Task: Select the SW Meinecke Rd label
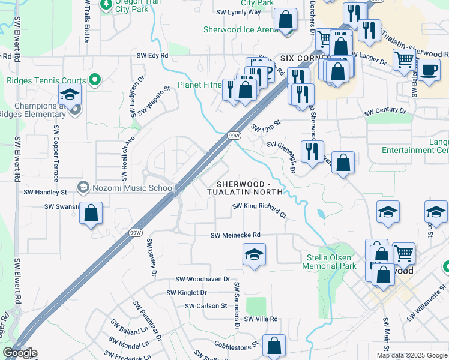[x=235, y=235]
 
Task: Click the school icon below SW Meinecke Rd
[x=255, y=254]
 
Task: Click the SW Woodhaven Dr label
[x=203, y=279]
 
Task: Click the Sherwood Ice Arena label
[x=241, y=29]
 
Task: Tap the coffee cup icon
[x=429, y=70]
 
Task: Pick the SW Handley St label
[x=45, y=193]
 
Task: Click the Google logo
[x=20, y=353]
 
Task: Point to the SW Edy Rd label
[x=152, y=56]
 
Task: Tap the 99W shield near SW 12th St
[x=234, y=136]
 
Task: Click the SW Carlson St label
[x=206, y=305]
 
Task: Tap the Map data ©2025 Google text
[x=411, y=355]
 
